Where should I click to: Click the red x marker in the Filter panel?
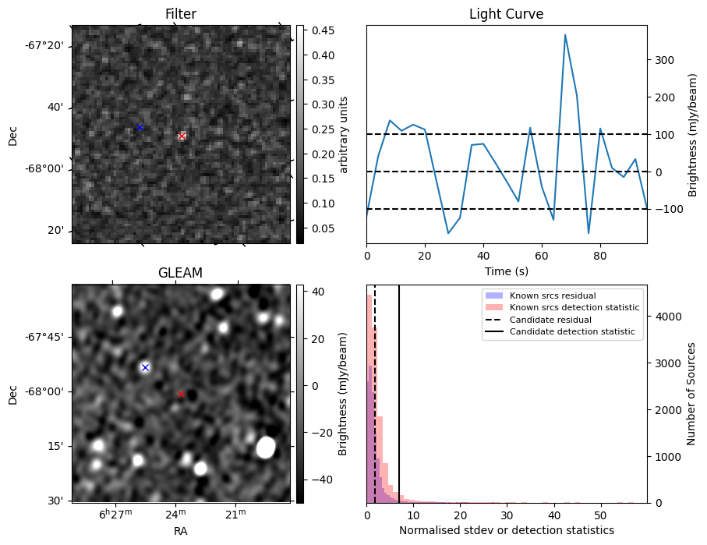click(x=182, y=136)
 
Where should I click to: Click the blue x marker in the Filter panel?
click(x=140, y=127)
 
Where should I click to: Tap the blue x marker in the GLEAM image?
click(x=145, y=367)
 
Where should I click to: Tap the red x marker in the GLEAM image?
click(x=181, y=394)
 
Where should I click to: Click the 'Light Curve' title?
click(x=506, y=14)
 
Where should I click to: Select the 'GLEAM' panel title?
click(x=180, y=273)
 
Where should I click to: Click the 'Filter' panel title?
click(x=181, y=14)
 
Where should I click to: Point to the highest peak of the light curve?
click(x=565, y=35)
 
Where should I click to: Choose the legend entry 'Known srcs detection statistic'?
click(x=574, y=307)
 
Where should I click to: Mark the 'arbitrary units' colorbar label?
click(x=344, y=135)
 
